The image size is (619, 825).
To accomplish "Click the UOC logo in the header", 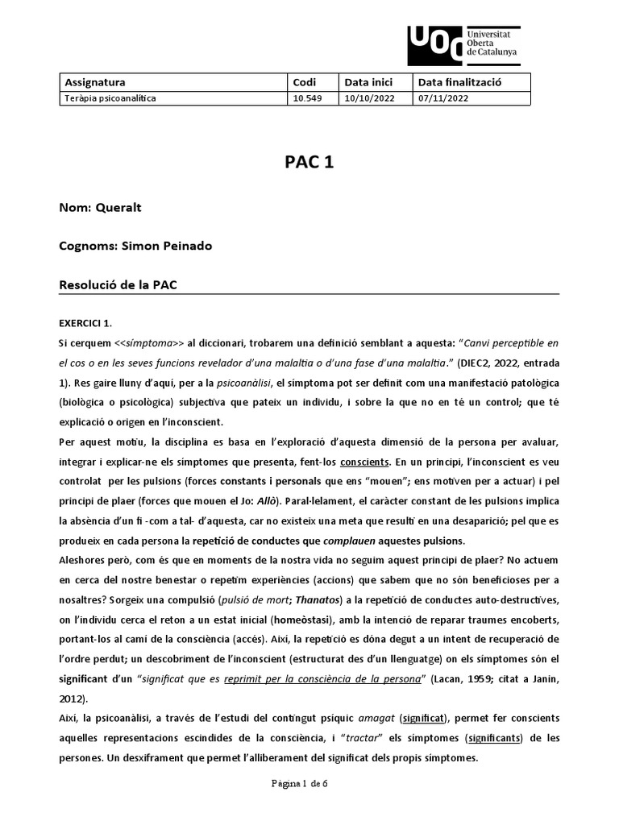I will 463,46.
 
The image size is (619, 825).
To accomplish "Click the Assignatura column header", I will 94,82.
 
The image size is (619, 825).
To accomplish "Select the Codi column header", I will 304,82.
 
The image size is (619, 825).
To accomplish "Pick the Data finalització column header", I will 459,82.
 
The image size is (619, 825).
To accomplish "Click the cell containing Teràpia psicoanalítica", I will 110,98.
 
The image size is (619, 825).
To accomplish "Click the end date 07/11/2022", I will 442,98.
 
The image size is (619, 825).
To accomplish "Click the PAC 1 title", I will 309,162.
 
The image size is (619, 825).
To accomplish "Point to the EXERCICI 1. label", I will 85,323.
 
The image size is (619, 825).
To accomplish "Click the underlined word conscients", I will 365,462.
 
